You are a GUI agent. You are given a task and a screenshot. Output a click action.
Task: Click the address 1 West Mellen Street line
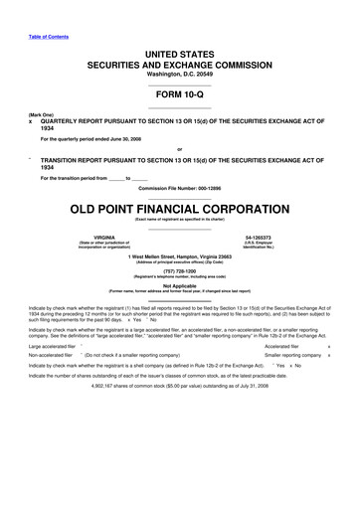click(x=179, y=256)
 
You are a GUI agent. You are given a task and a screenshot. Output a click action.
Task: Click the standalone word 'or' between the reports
click(x=179, y=150)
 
